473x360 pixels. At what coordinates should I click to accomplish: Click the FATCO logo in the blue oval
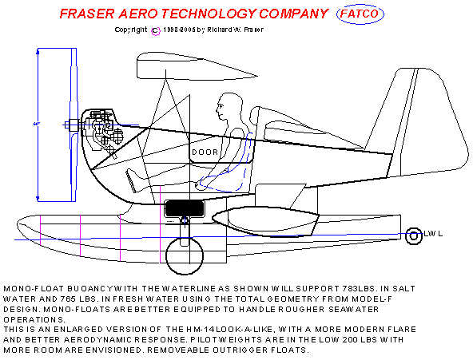click(360, 14)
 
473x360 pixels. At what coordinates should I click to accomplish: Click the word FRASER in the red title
click(87, 14)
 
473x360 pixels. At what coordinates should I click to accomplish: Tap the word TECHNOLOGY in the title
click(209, 14)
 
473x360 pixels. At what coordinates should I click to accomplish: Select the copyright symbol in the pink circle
click(155, 31)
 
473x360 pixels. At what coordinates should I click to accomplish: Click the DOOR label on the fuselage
click(205, 152)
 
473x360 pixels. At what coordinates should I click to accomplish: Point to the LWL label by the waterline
click(433, 234)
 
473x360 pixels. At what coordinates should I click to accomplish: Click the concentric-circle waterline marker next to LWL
click(414, 236)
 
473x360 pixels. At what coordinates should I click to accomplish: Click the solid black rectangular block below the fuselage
click(185, 208)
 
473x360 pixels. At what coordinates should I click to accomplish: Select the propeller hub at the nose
click(74, 125)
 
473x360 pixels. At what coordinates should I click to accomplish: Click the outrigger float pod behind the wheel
click(265, 221)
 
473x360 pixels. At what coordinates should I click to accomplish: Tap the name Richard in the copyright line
click(219, 30)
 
